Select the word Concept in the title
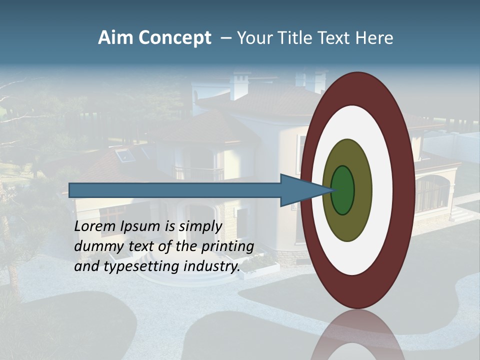click(x=174, y=38)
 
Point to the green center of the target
click(x=343, y=190)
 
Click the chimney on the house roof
click(x=239, y=85)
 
